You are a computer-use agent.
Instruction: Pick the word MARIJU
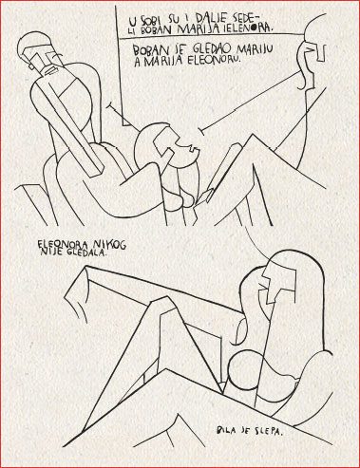255,48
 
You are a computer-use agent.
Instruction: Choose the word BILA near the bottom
226,430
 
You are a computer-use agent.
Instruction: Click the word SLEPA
267,431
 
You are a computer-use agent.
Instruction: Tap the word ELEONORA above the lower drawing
65,244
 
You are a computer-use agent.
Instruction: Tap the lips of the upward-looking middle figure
192,148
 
